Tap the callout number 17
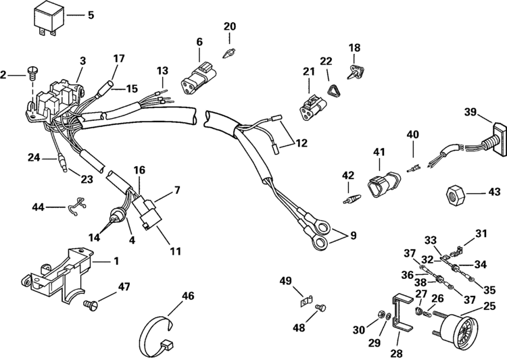pyautogui.click(x=119, y=59)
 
